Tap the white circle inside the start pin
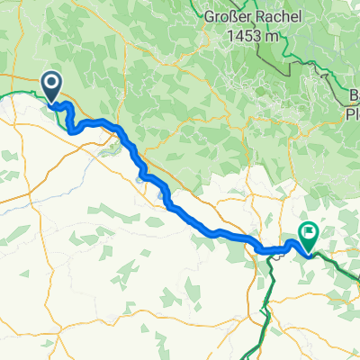51,85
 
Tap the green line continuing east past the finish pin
342,267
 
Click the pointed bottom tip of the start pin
51,101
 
